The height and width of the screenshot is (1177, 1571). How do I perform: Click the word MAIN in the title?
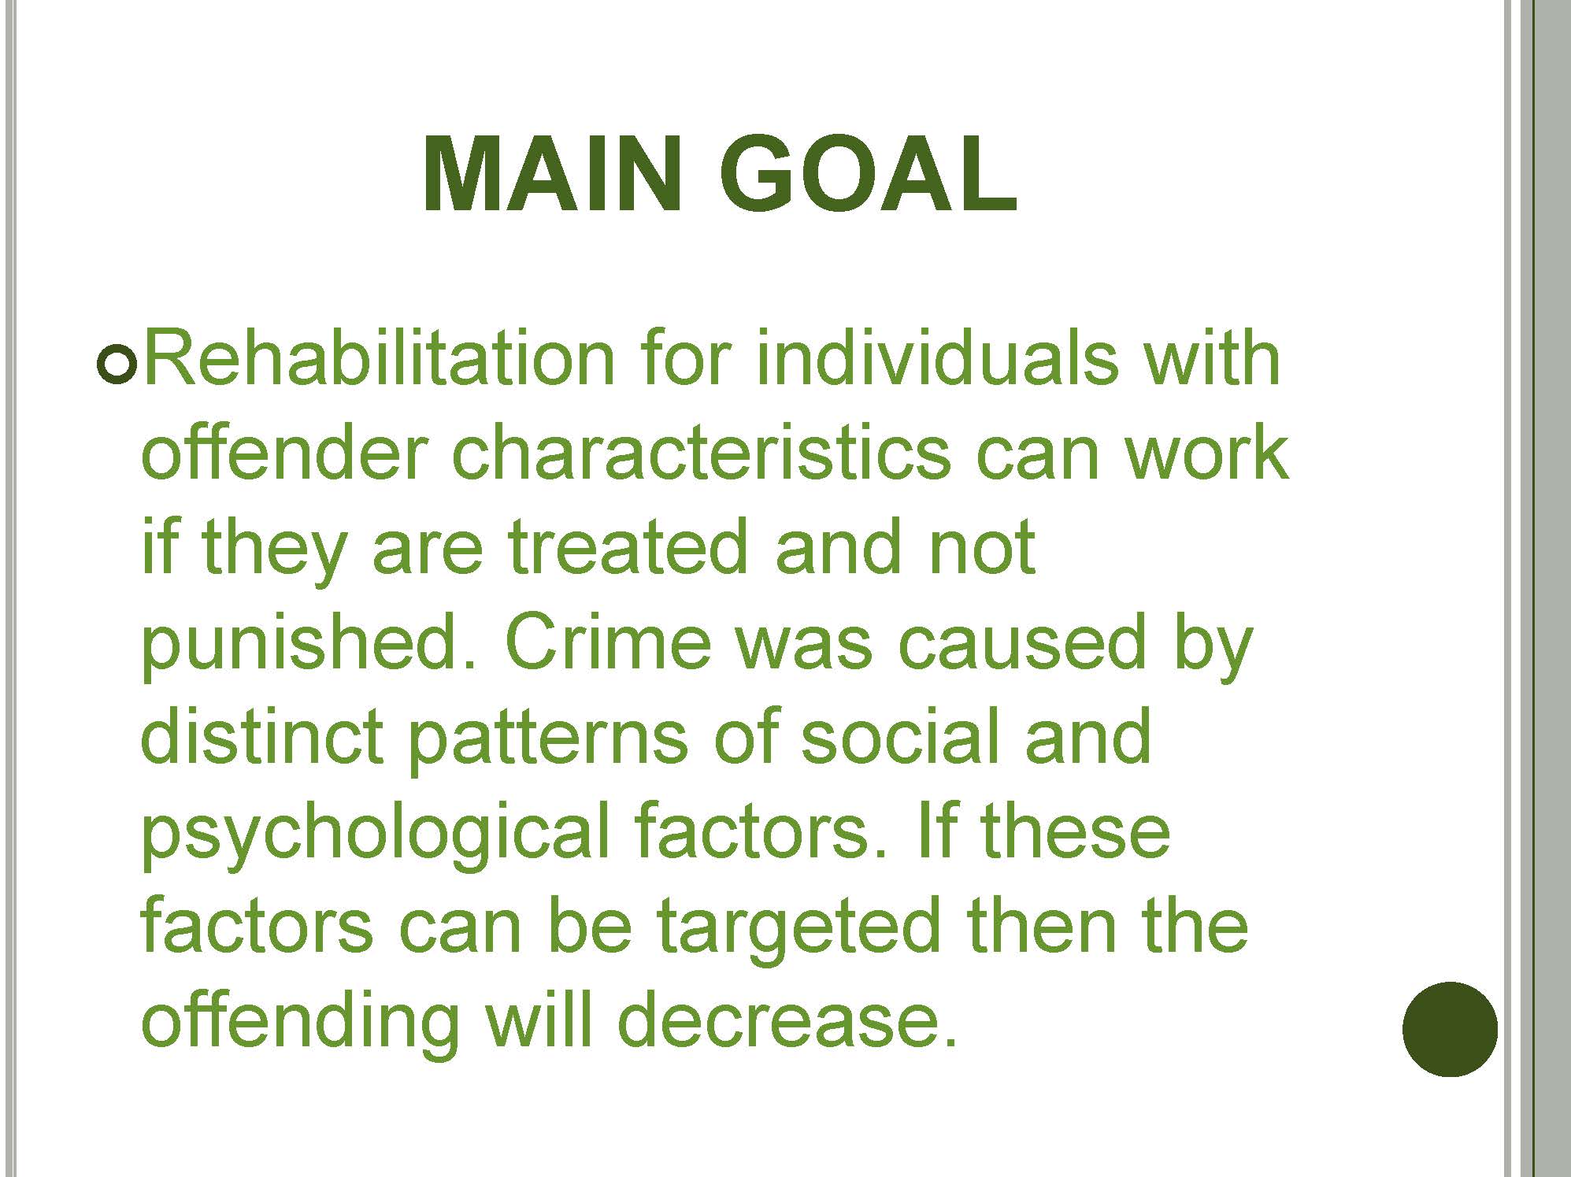pos(552,175)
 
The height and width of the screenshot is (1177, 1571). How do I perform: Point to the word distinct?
pos(261,736)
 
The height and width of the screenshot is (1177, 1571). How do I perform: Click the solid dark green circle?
pos(1450,1029)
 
